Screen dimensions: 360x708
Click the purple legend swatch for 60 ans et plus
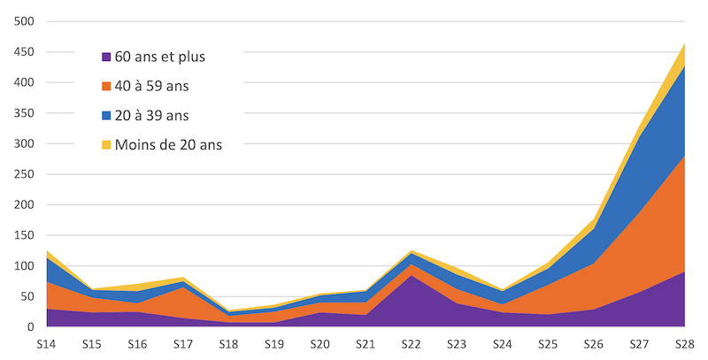click(107, 57)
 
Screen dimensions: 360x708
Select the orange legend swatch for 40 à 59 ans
click(107, 87)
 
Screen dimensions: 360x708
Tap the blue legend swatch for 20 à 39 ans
click(107, 116)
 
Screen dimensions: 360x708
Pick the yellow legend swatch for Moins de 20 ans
click(107, 145)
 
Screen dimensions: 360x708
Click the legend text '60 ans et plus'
click(159, 57)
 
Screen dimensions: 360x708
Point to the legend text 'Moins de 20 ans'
click(168, 145)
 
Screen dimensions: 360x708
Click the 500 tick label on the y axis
click(24, 21)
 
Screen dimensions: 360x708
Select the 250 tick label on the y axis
click(24, 174)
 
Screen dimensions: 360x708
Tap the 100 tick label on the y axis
click(24, 266)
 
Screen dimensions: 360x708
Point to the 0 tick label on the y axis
click(30, 327)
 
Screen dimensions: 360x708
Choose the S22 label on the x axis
click(410, 342)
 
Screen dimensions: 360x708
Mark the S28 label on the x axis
click(683, 342)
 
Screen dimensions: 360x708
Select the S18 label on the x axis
click(227, 342)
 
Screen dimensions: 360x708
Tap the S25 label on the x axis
click(547, 342)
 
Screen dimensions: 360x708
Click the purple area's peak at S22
click(410, 277)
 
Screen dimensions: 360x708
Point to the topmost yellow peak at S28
click(683, 43)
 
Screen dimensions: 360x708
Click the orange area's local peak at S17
click(182, 287)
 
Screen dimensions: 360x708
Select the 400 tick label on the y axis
click(24, 82)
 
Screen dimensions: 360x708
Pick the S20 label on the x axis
click(319, 342)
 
